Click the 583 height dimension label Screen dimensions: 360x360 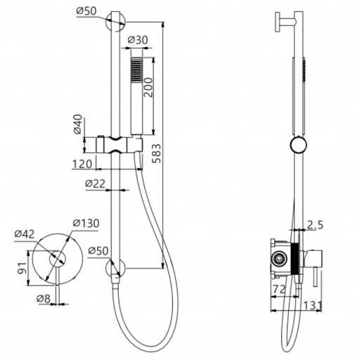tap(156, 153)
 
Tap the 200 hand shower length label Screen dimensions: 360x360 tap(148, 87)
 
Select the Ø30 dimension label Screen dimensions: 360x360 tap(138, 40)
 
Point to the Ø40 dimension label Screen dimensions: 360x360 tap(78, 124)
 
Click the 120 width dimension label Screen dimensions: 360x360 tap(82, 164)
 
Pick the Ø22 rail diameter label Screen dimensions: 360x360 tap(95, 184)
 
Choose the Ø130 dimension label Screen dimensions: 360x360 tap(86, 223)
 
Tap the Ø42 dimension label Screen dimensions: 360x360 tap(25, 234)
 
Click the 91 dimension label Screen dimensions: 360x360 tap(22, 268)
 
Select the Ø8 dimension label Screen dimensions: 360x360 tap(44, 299)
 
